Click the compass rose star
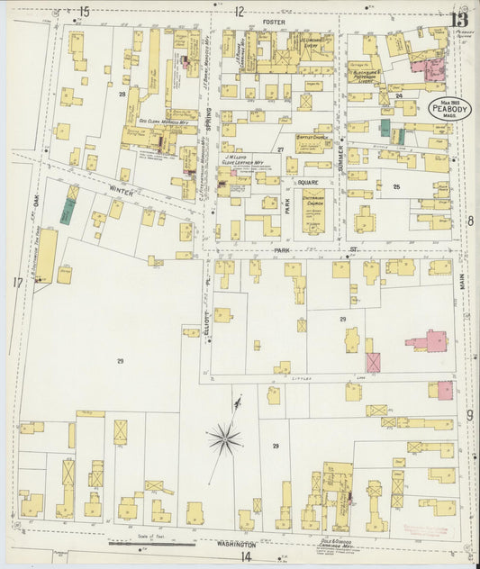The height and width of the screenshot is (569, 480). pyautogui.click(x=223, y=438)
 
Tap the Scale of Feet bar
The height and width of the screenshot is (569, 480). pyautogui.click(x=151, y=544)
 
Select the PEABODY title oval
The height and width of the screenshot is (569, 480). pyautogui.click(x=448, y=108)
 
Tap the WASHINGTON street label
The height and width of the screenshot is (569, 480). pyautogui.click(x=235, y=545)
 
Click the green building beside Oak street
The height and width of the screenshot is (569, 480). pyautogui.click(x=68, y=211)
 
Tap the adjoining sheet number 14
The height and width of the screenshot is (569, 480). pyautogui.click(x=245, y=557)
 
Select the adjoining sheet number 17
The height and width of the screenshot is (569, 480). pyautogui.click(x=17, y=283)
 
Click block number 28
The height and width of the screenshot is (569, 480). pyautogui.click(x=121, y=93)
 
